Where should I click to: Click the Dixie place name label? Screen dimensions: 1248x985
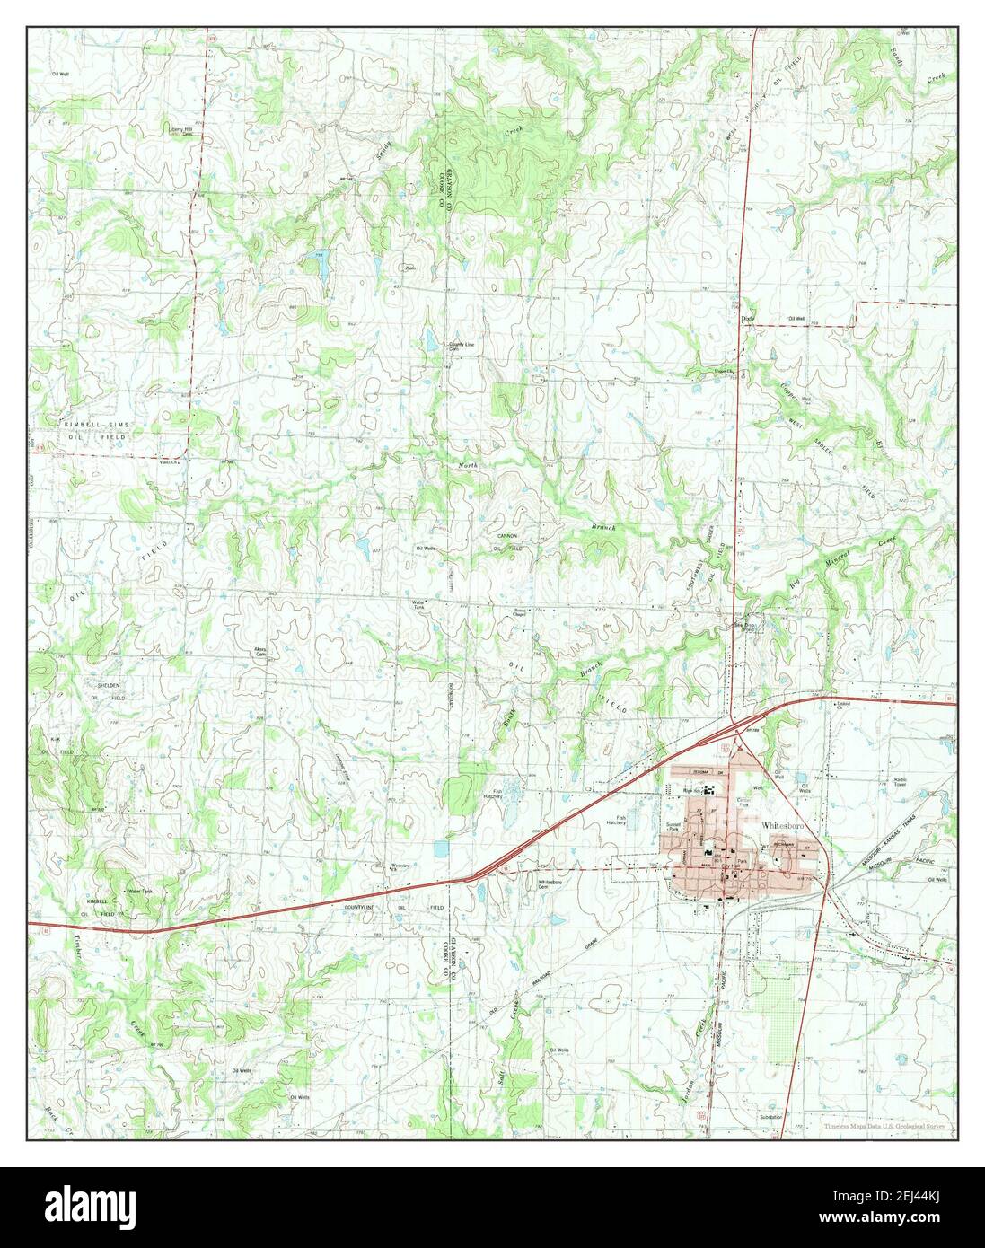click(744, 319)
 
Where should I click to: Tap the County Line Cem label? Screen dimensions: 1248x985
click(461, 345)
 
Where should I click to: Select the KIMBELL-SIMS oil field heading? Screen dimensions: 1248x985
click(97, 423)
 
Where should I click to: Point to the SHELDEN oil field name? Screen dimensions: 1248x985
click(110, 685)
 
